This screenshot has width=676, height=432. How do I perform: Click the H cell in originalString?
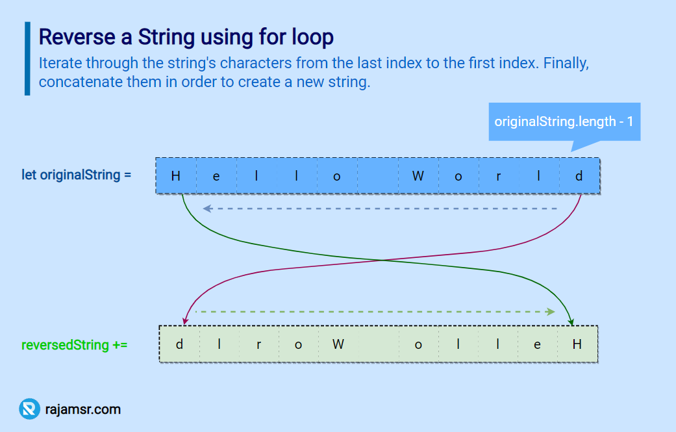tap(176, 175)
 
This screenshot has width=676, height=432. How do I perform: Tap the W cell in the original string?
tap(418, 175)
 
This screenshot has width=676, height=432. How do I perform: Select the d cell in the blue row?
tap(579, 175)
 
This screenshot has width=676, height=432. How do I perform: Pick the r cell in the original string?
tap(499, 175)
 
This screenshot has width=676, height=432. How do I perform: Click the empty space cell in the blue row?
tap(377, 175)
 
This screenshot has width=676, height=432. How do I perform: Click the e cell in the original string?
tap(216, 175)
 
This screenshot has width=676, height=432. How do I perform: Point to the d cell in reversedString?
tap(179, 344)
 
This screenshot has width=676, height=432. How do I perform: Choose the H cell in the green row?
tap(577, 344)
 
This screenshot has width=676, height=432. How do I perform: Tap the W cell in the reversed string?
tap(338, 344)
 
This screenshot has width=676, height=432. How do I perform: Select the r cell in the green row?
tap(258, 344)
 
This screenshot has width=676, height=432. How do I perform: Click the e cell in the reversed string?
tap(537, 344)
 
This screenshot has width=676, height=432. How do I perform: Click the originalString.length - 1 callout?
tap(564, 121)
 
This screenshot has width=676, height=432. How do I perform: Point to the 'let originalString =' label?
tap(77, 175)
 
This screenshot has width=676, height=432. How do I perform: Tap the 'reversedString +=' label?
tap(75, 344)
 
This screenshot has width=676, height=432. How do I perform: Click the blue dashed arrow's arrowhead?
tap(207, 209)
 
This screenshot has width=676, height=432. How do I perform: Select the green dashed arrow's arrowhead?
tap(551, 312)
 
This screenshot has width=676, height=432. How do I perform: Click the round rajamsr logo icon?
tap(29, 409)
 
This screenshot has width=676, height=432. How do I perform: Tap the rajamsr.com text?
tap(83, 409)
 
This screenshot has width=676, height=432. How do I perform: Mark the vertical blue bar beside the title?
tap(27, 58)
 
